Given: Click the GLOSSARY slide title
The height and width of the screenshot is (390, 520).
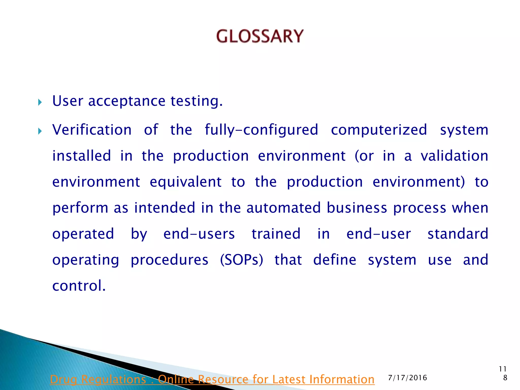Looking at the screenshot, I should pos(260,36).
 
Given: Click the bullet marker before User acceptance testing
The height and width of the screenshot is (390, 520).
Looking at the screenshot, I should pos(40,103).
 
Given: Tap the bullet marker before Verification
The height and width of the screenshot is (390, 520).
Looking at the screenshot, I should pos(40,131).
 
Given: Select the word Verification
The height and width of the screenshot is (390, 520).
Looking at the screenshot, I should pos(92,130).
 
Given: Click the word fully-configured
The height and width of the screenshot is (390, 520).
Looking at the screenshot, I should pos(261,130).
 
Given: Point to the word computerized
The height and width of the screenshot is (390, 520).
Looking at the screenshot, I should pos(379,130).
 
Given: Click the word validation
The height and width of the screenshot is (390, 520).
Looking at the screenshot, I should pos(454,156).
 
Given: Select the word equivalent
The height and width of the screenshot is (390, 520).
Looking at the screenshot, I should pos(186,182).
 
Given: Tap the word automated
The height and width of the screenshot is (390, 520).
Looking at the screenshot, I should pos(283,208).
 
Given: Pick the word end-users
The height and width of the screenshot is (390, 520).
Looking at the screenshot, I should pos(199,234).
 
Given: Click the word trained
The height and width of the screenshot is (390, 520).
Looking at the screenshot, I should pos(276,234).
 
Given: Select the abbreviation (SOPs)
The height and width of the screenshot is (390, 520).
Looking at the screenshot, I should pos(241,260).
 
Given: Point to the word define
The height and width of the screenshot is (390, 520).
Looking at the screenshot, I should pos(335,260).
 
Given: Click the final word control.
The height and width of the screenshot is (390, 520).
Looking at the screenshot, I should pos(79,286).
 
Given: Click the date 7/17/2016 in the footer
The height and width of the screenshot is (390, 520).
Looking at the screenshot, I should pos(408,378).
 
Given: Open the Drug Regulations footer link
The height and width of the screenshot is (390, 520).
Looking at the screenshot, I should pos(212,379).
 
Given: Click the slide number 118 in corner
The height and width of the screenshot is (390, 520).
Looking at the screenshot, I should pos(503,373).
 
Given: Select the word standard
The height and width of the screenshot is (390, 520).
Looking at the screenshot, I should pos(458,234).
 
